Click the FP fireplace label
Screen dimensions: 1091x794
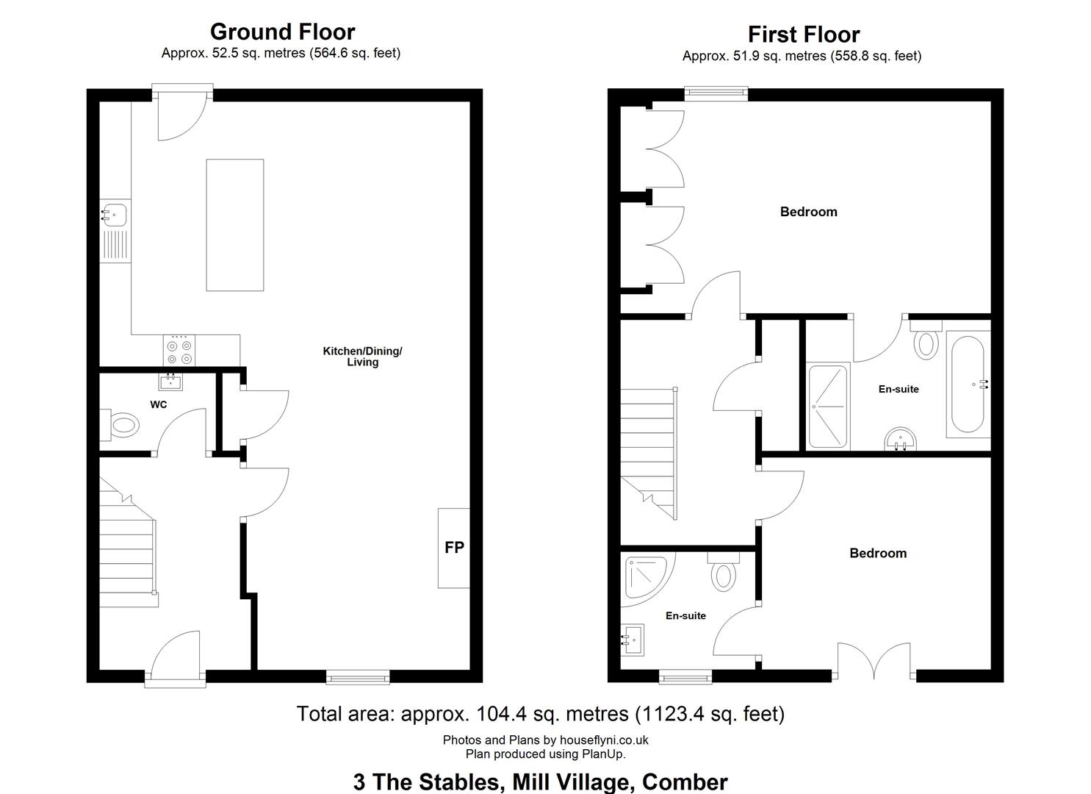(x=454, y=548)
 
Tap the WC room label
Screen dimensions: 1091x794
(x=158, y=404)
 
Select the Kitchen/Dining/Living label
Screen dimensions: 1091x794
(x=362, y=357)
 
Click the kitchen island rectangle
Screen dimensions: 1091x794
(x=235, y=225)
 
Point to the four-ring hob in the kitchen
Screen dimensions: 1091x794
(x=179, y=351)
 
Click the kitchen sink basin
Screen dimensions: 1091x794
(x=115, y=215)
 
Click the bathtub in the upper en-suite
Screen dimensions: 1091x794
(x=968, y=384)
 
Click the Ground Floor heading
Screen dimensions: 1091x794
(x=283, y=32)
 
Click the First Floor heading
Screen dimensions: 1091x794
(x=804, y=35)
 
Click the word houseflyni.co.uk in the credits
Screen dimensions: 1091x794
(x=604, y=740)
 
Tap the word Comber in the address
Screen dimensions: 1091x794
(x=685, y=782)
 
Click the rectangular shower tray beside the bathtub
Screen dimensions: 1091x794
(x=828, y=406)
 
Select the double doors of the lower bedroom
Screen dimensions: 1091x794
(x=874, y=660)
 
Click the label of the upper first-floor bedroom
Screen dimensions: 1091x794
(x=808, y=212)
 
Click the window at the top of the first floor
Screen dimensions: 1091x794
(x=716, y=93)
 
